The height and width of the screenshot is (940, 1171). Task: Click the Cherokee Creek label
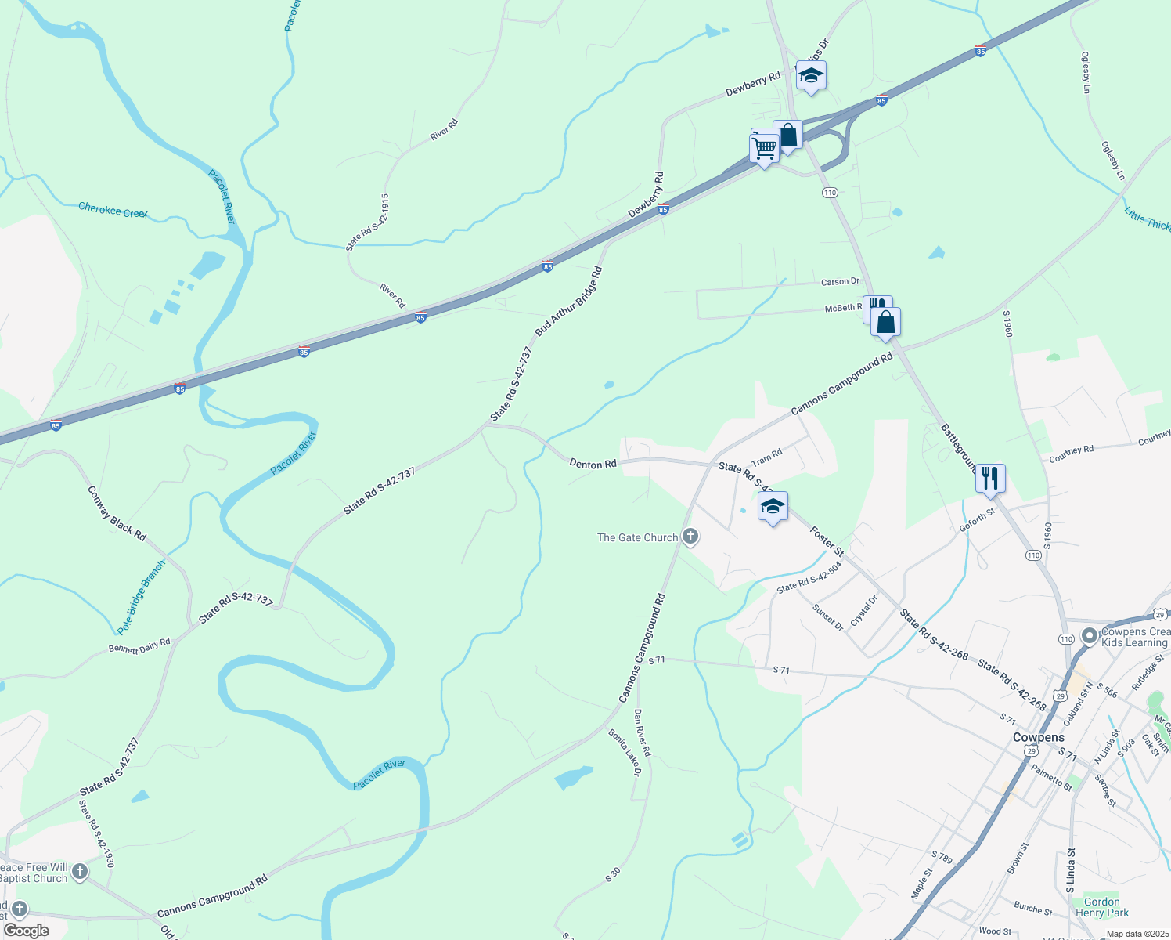[x=113, y=211]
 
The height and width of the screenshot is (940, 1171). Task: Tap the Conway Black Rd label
[x=117, y=514]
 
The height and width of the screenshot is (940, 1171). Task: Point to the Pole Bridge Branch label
[x=142, y=598]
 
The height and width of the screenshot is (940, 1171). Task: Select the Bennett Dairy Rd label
[x=139, y=646]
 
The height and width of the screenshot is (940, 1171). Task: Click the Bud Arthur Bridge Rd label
[x=569, y=302]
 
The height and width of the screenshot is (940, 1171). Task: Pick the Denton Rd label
[x=593, y=465]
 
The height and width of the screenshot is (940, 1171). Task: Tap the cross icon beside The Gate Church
[x=690, y=537]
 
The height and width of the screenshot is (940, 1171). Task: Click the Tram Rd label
[x=767, y=457]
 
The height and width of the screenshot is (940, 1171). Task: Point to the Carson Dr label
[x=840, y=282]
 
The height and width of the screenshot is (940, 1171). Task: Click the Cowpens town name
[x=1038, y=737]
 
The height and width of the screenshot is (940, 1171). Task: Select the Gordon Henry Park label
[x=1102, y=907]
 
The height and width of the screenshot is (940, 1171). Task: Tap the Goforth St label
[x=977, y=519]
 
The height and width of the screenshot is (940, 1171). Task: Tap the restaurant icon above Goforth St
[x=990, y=478]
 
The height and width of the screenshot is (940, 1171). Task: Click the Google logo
[x=27, y=931]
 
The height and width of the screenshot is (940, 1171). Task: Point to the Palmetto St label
[x=1051, y=779]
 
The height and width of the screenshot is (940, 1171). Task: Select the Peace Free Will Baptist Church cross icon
[x=79, y=871]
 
